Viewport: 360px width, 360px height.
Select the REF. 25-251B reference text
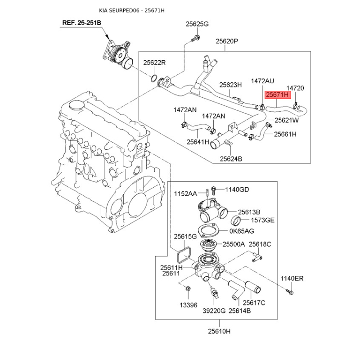tap(81, 22)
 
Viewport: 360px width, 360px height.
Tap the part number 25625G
tap(198, 24)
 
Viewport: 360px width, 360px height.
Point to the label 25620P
tap(226, 41)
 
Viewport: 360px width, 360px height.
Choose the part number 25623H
tap(230, 84)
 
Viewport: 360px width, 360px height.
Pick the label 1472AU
tap(262, 81)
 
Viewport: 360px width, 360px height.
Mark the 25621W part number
tap(287, 121)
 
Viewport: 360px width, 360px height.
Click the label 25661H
tap(285, 134)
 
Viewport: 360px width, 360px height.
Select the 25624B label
tap(231, 158)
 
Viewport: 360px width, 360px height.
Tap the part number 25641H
tap(198, 142)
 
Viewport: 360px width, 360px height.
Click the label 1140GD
tap(237, 189)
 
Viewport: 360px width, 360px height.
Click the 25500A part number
tap(234, 244)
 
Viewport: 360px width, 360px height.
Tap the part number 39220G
tap(213, 310)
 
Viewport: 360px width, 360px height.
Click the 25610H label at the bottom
tap(219, 332)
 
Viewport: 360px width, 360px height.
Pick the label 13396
tap(189, 304)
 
